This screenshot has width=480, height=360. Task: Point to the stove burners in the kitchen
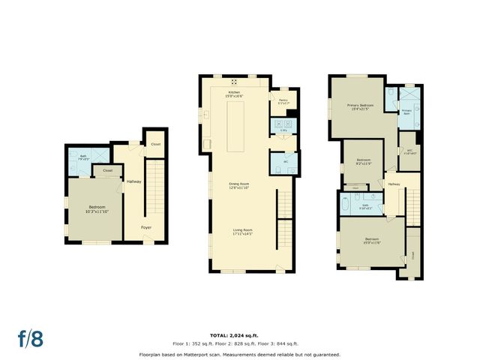pos(234,81)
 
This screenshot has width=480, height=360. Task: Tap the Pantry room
pos(283,101)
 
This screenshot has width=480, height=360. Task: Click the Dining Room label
pos(239,184)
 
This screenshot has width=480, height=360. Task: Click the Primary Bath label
pos(406,111)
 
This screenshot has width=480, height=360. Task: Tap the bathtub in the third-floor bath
pos(347,204)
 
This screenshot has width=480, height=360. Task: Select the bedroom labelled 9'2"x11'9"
pos(364,161)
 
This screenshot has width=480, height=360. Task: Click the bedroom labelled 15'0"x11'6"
pos(373,241)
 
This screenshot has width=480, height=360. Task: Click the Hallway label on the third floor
pos(394,184)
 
